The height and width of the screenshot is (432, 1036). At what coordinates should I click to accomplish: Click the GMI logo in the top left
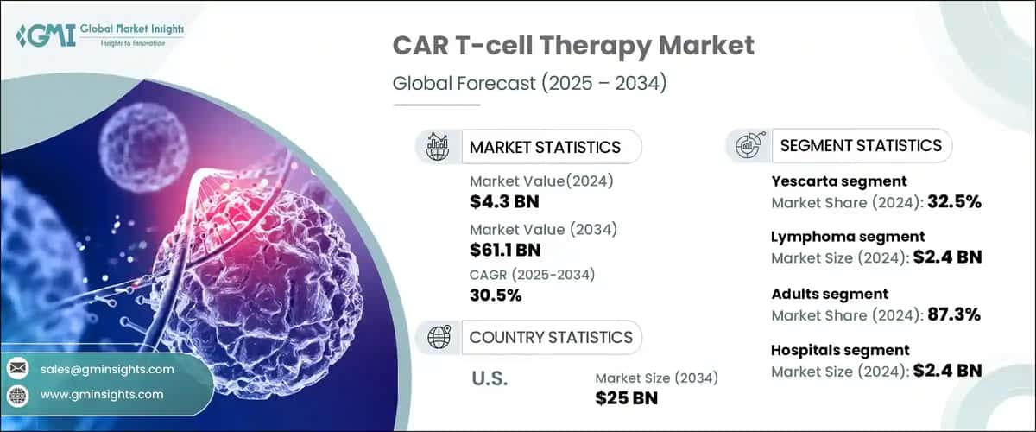(99, 35)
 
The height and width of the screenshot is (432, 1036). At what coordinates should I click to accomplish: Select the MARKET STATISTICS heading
(545, 147)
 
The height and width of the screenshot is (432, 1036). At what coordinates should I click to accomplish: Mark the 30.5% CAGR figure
(496, 296)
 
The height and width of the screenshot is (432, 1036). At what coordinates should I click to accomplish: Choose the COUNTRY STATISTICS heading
(550, 337)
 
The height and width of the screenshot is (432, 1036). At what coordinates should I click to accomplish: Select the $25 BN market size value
(627, 397)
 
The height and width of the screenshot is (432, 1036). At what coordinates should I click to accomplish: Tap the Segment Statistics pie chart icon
(749, 146)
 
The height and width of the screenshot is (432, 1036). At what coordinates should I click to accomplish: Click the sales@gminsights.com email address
(107, 369)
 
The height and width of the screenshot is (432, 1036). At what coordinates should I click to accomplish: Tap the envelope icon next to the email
(18, 369)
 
